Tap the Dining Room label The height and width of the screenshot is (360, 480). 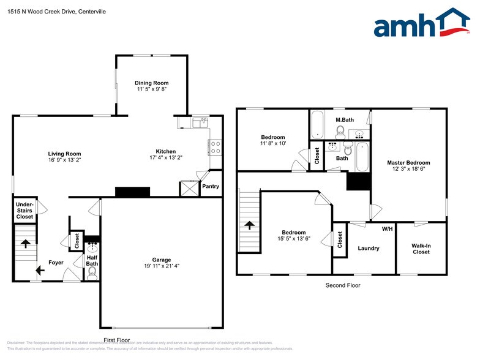click(x=151, y=83)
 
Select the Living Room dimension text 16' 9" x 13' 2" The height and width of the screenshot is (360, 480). click(x=64, y=160)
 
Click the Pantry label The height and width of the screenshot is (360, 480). click(x=211, y=186)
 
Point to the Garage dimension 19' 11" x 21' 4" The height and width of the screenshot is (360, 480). click(x=162, y=266)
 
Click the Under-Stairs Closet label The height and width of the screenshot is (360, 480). click(x=24, y=210)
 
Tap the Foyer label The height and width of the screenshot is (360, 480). click(x=56, y=263)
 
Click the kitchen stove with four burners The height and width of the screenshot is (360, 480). click(x=216, y=147)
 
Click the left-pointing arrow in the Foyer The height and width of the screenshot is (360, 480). click(x=40, y=269)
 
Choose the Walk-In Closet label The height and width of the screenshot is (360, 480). click(x=421, y=249)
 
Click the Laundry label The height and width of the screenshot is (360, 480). click(x=369, y=248)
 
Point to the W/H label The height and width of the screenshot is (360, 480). click(x=387, y=229)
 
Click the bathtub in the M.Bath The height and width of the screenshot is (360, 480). click(x=318, y=125)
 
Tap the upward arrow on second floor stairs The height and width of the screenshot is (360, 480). click(x=249, y=225)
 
